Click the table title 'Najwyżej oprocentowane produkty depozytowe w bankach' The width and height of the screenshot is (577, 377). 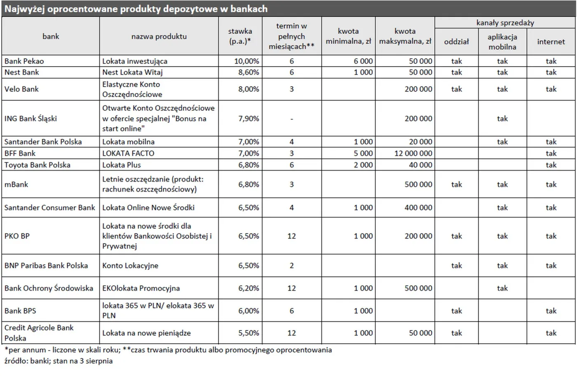136,9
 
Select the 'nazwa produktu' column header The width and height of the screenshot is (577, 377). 159,37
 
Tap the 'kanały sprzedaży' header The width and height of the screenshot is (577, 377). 505,23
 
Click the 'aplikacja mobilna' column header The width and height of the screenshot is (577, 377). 502,42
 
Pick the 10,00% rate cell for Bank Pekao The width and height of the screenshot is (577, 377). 247,61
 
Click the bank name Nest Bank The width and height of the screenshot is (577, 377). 22,73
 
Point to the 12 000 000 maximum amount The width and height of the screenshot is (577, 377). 413,153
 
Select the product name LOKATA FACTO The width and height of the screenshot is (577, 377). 128,153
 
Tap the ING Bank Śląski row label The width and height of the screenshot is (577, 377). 30,119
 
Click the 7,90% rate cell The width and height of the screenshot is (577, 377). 249,119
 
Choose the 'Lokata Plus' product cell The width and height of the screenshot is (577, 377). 122,165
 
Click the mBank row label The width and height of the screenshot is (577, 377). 16,185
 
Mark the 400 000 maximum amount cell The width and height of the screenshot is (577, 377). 418,208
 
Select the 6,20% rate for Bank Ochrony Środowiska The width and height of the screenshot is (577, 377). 249,288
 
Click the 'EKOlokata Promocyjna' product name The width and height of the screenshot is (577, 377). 141,288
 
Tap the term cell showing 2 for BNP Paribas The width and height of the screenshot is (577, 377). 291,266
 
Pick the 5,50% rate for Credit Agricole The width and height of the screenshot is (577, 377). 249,333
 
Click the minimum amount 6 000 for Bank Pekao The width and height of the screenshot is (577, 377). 363,61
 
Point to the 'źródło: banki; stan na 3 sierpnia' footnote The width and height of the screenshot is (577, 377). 59,361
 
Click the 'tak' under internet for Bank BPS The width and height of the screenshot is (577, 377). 551,311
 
